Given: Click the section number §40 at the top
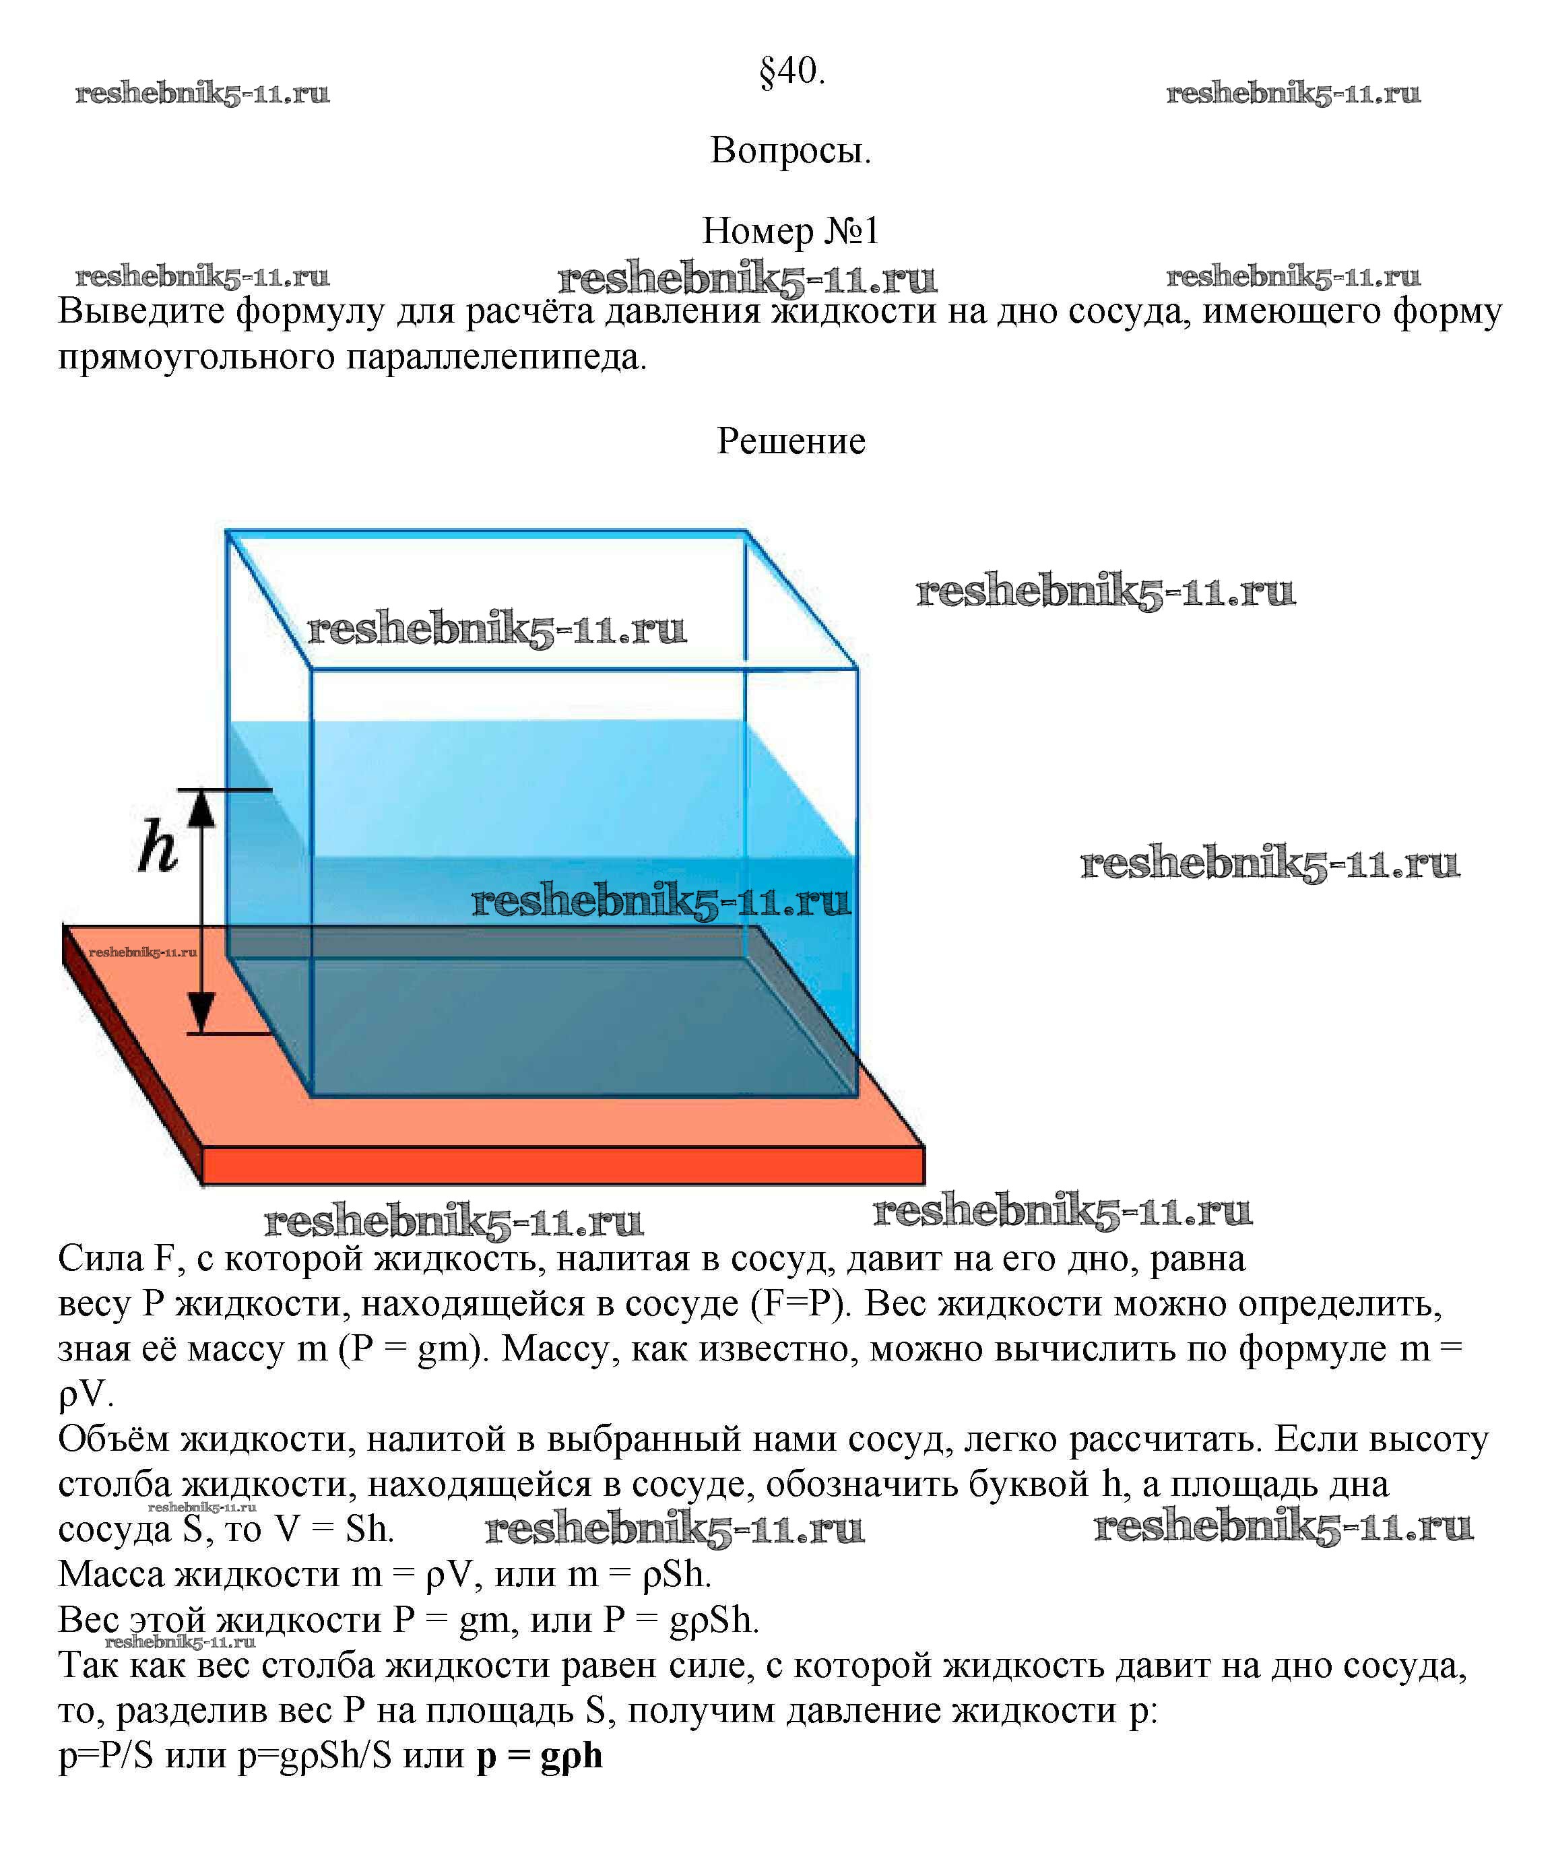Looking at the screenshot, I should pyautogui.click(x=791, y=71).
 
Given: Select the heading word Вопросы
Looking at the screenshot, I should pyautogui.click(x=790, y=150).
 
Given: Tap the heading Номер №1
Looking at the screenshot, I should pyautogui.click(x=790, y=231).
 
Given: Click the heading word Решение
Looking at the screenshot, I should pyautogui.click(x=790, y=441).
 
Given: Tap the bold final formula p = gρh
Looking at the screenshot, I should pyautogui.click(x=540, y=1756).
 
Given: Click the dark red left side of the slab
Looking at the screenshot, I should pyautogui.click(x=133, y=1058).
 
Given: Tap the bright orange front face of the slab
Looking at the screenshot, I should pyautogui.click(x=564, y=1166).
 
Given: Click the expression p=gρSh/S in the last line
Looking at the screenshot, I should pyautogui.click(x=315, y=1756).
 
